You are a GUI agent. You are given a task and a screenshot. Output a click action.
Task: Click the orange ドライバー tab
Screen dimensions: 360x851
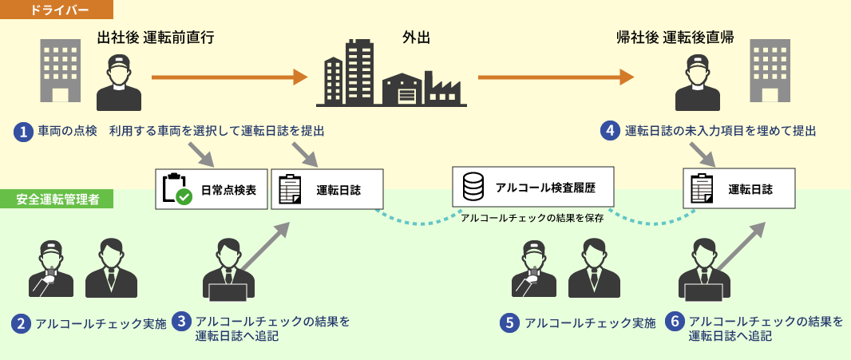coord(57,10)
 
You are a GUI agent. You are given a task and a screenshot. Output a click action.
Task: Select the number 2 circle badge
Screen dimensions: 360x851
coord(22,324)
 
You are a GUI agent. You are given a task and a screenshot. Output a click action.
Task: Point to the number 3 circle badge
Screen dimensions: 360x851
coord(183,322)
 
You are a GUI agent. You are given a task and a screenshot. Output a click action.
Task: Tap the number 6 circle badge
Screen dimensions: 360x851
coord(675,322)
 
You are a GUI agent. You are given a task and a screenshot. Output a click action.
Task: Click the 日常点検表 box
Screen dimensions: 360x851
coord(211,189)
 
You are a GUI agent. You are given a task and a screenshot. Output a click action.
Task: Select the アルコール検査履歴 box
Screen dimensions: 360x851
coord(533,188)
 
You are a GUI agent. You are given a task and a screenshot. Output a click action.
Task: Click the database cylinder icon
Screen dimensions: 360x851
coord(473,188)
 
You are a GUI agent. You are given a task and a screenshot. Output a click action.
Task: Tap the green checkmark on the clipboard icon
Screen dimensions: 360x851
coord(184,196)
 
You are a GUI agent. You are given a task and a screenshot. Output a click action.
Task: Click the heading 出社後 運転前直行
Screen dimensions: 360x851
coord(155,38)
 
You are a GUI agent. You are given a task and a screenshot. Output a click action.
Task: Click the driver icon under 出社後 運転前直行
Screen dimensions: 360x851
coord(118,82)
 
